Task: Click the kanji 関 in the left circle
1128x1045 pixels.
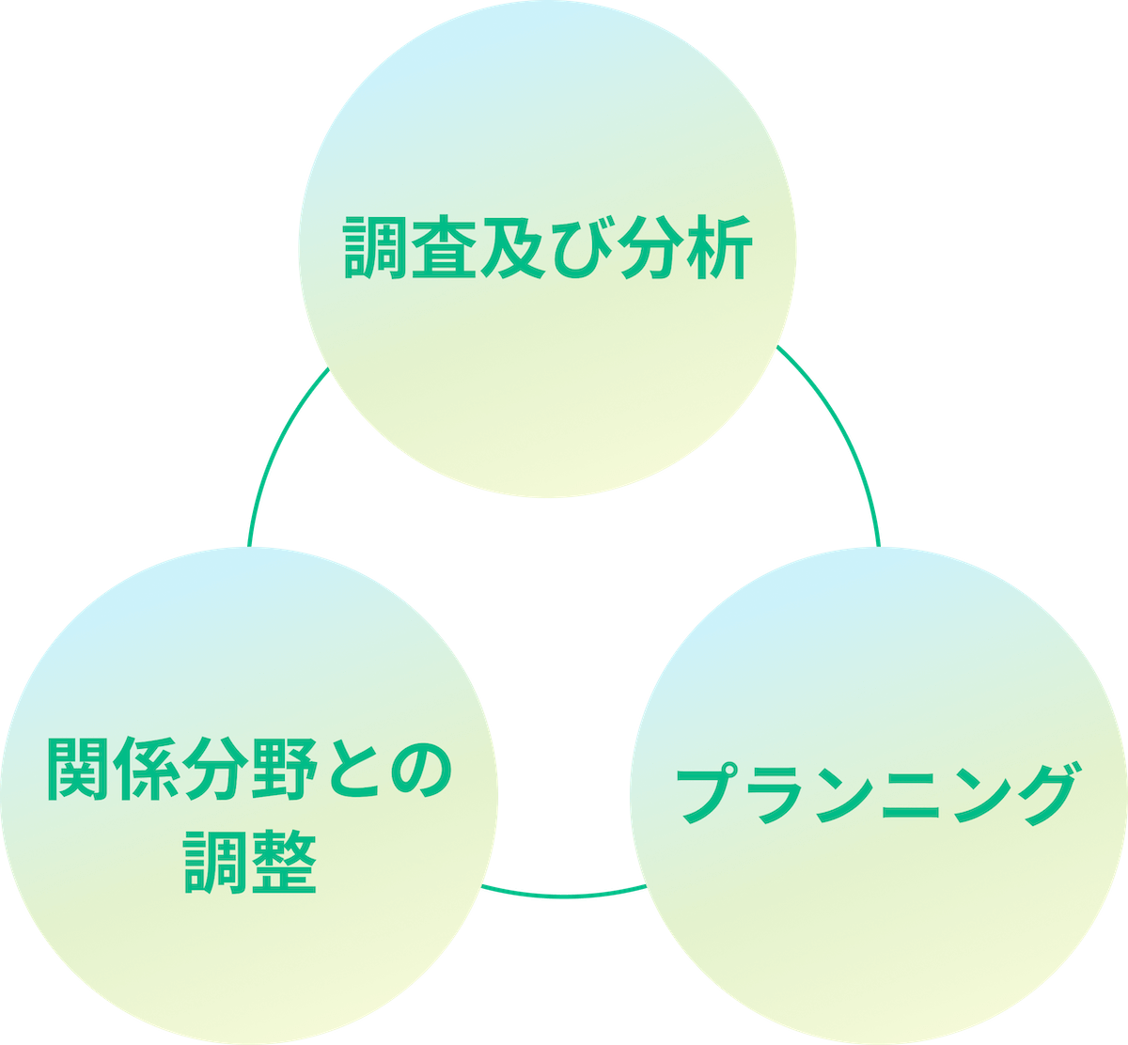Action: pos(79,769)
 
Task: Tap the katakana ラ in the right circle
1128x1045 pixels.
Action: pos(776,795)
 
